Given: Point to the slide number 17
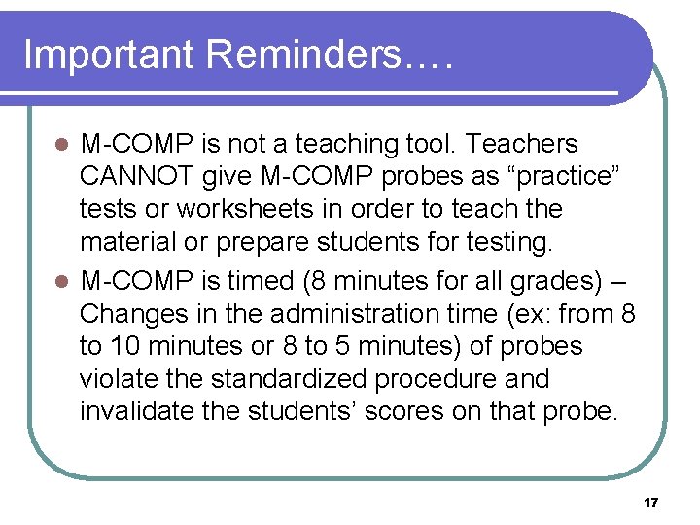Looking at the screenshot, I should pyautogui.click(x=651, y=503).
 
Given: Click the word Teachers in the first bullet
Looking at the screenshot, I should pyautogui.click(x=522, y=145).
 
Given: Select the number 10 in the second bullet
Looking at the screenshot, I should pyautogui.click(x=120, y=347).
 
